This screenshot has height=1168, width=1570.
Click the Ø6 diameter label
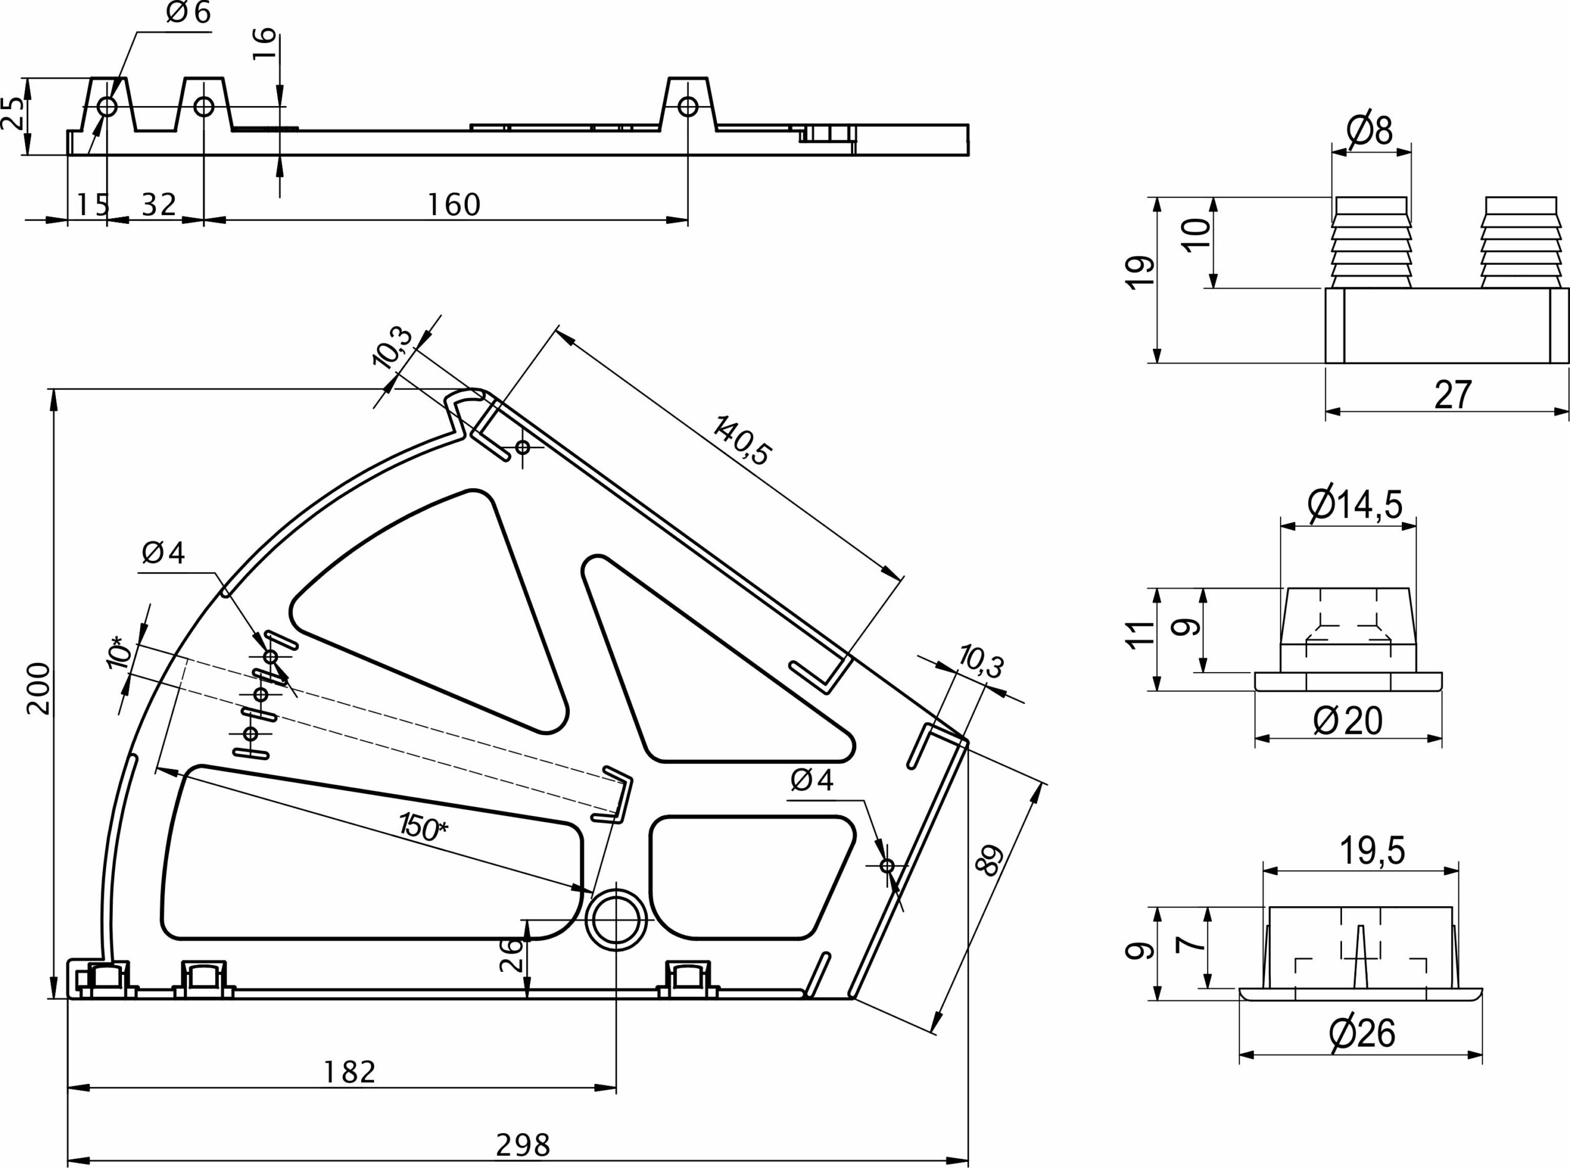pos(188,13)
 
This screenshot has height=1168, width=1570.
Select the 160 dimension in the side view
pos(454,205)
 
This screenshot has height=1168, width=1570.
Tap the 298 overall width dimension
pos(523,1144)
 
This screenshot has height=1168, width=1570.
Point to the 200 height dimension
pos(38,689)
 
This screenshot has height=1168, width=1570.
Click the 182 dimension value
pos(350,1072)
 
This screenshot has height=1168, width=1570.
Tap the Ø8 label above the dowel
pos(1370,129)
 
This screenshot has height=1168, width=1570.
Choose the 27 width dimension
pos(1453,394)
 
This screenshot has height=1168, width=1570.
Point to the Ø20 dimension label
pos(1348,721)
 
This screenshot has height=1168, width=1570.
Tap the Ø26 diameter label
pos(1361,1034)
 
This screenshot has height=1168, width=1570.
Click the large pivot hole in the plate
pos(616,919)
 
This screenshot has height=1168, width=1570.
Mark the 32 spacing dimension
pos(158,205)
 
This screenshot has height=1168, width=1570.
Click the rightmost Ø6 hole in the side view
pos(687,107)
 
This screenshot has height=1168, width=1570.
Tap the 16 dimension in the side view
pos(264,44)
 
